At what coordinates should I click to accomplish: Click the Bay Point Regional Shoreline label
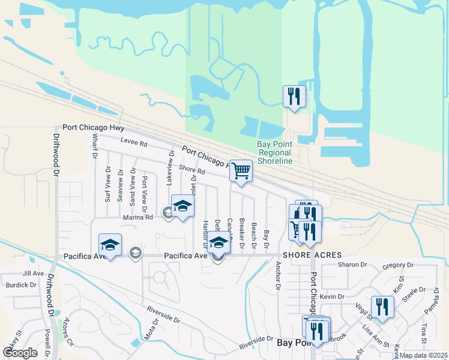274,152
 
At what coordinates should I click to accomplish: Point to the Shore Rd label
192,171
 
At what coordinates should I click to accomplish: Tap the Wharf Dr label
95,146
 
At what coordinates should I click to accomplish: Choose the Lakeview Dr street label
170,167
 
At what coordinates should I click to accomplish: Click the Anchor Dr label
278,275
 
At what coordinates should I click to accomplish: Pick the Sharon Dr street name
352,265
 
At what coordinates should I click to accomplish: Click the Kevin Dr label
331,296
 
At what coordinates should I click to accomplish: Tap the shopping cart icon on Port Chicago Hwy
241,170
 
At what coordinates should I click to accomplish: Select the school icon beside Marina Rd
182,206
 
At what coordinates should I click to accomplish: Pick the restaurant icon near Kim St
382,307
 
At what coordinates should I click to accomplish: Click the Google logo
20,353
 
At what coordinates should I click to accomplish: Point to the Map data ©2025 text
423,355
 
